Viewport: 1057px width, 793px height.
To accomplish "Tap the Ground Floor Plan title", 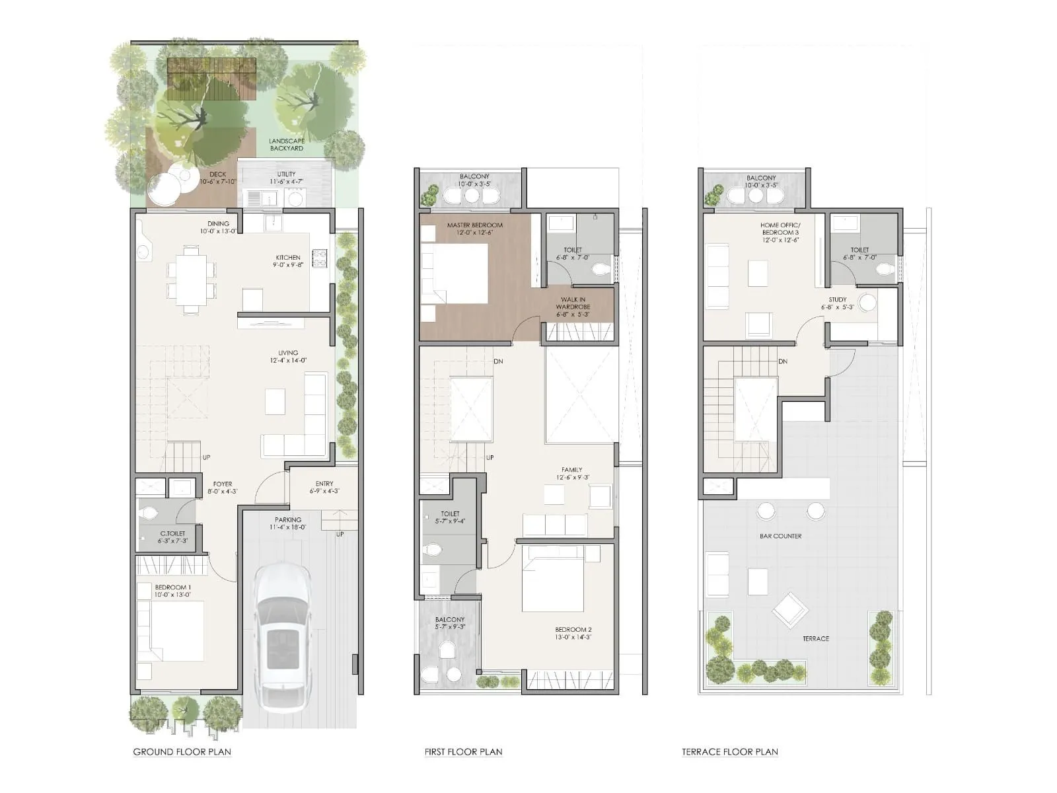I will click(x=182, y=751).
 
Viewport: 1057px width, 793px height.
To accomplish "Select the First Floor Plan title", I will click(x=463, y=751).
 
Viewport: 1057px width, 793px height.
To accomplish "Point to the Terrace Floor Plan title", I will click(x=729, y=751).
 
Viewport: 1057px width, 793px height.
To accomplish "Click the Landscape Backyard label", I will click(x=287, y=145).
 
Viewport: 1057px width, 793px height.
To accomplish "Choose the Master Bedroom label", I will click(x=474, y=225).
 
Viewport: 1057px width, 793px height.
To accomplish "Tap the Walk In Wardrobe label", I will click(x=573, y=303).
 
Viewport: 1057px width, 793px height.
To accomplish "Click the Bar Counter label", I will click(x=780, y=536).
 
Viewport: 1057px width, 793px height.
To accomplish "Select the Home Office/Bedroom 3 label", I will click(x=780, y=229).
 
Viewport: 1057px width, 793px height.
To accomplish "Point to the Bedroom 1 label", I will click(x=173, y=587).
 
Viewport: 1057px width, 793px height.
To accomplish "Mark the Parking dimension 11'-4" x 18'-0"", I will click(x=288, y=527).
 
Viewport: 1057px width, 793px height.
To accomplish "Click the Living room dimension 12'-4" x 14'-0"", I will click(x=288, y=361).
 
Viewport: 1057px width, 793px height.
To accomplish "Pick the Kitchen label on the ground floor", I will click(x=288, y=258).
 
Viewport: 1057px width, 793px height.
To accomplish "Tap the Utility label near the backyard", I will click(x=287, y=174).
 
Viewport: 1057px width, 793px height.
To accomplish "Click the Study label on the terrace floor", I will click(x=838, y=299).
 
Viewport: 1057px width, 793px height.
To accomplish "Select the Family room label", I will click(x=572, y=470).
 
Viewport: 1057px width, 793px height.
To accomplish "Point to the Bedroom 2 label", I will click(x=573, y=629).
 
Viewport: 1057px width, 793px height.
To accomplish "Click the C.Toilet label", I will click(x=172, y=533).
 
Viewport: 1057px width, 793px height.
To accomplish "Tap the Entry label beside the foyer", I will click(x=324, y=484).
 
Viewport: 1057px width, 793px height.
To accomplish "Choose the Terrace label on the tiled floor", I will click(x=816, y=638).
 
